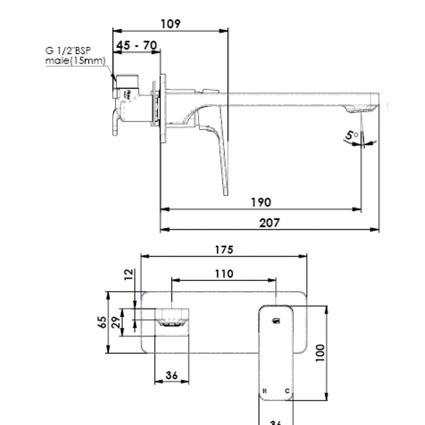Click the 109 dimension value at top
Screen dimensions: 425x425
coord(171,24)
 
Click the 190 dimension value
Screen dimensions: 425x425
coord(261,202)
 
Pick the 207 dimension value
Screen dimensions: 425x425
coord(269,223)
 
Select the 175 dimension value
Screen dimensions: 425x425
coord(224,250)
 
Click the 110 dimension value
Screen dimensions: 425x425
coord(224,274)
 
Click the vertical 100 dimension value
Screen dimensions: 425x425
coord(320,353)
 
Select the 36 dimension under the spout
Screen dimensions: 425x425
coord(171,375)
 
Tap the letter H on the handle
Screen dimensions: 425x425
coord(265,391)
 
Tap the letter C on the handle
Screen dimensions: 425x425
coord(286,391)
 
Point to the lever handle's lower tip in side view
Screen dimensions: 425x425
coord(225,193)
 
